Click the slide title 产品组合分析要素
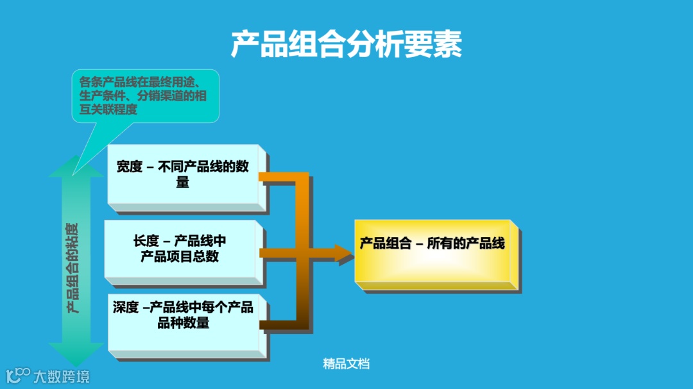click(346, 44)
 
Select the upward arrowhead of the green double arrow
click(76, 168)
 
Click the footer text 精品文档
click(346, 364)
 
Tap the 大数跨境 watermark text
click(62, 376)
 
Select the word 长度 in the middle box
click(146, 241)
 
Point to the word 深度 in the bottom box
click(126, 307)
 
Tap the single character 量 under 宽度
click(183, 182)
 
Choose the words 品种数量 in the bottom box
click(184, 323)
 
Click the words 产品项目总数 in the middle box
click(180, 256)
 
